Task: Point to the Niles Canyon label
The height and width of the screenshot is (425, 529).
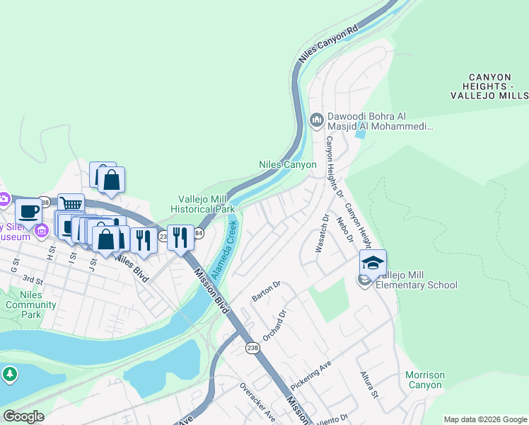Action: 287,164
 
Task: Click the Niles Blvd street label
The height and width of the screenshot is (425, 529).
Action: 132,269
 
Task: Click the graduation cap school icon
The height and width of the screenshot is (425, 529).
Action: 373,263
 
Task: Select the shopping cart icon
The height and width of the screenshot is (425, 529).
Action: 71,204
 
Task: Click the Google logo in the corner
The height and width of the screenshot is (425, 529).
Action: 23,416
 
